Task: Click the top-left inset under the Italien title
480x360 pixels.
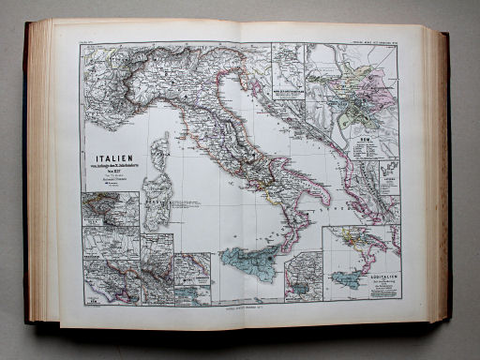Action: (x=111, y=208)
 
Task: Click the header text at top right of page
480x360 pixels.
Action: (x=371, y=38)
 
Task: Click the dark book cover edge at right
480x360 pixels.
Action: (x=448, y=178)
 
